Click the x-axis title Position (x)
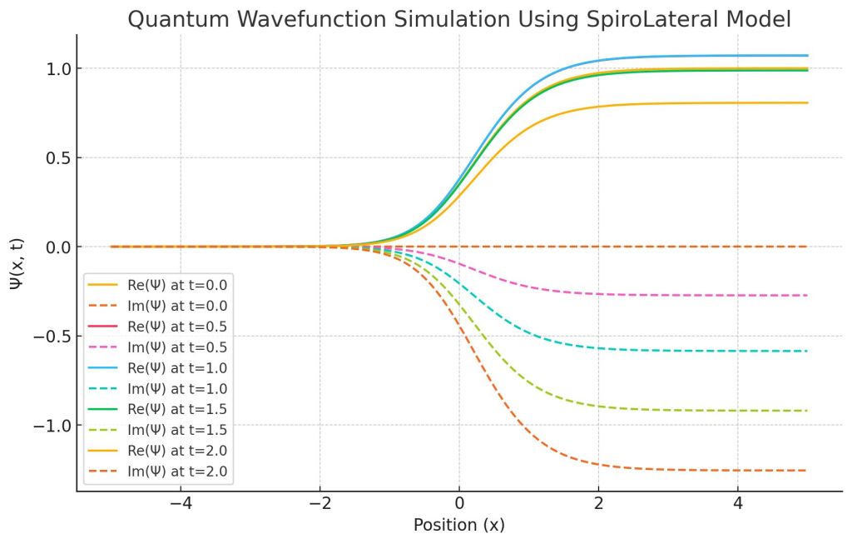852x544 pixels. click(458, 526)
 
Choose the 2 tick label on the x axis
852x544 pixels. click(598, 505)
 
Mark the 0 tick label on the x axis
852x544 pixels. click(458, 505)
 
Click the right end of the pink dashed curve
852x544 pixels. click(807, 296)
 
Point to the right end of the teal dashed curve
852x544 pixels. click(807, 351)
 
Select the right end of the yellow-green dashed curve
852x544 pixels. click(807, 411)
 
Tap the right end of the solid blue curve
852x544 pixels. click(807, 56)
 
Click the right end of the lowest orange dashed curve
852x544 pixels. click(807, 471)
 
